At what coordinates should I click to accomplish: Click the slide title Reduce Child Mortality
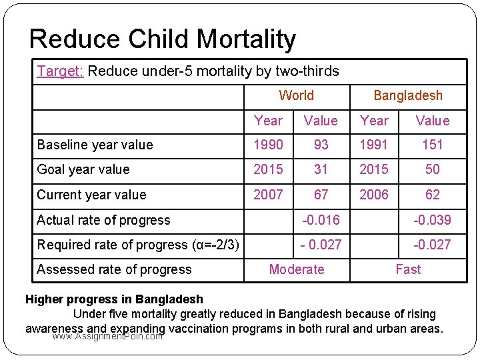162,39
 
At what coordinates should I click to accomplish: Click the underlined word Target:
60,71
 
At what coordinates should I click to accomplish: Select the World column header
296,95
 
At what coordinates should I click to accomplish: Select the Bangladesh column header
407,95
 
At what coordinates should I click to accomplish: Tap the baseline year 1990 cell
268,145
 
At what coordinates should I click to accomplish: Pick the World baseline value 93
321,145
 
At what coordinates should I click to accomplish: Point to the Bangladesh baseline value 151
432,145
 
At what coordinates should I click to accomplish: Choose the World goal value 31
321,169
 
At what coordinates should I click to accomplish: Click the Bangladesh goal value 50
432,169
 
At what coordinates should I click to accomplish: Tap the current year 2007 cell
268,195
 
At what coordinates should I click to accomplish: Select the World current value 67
321,195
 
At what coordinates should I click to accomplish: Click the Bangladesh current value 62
432,195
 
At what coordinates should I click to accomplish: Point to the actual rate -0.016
321,220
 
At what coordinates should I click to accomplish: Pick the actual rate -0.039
432,220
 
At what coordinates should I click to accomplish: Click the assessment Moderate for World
296,269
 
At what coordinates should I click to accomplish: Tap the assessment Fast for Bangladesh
407,269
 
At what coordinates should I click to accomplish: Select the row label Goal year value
83,169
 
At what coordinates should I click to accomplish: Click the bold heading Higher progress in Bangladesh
114,299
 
